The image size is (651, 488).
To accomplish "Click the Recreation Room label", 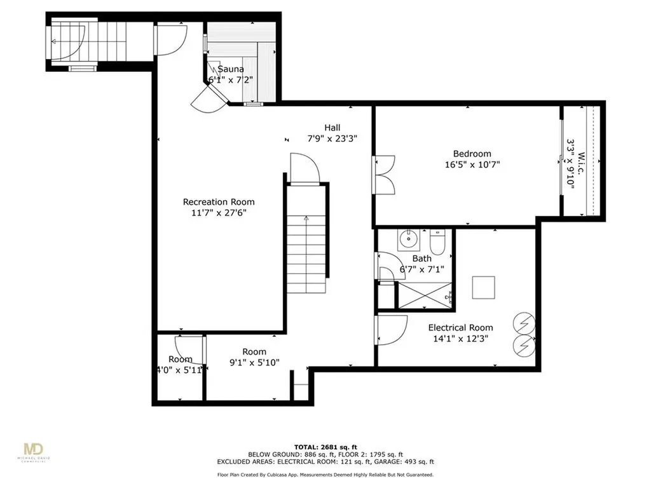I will (x=218, y=202).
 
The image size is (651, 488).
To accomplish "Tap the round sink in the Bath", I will (x=407, y=240).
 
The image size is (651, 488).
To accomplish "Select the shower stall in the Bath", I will (x=425, y=294).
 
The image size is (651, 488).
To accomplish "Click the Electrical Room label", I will (x=460, y=328).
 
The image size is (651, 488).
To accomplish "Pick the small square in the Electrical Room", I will (x=483, y=288).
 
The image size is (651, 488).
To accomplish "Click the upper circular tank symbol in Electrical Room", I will (x=524, y=323).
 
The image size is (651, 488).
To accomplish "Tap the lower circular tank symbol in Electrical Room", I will (x=524, y=345).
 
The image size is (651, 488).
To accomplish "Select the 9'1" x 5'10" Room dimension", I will (x=254, y=363).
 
